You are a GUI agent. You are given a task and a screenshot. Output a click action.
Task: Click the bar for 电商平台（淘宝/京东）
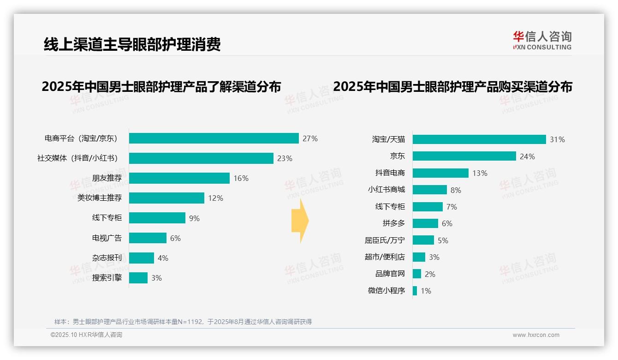(214, 138)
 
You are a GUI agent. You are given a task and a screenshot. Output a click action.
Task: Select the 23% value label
(285, 158)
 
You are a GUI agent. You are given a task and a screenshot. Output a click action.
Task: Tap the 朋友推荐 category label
(107, 178)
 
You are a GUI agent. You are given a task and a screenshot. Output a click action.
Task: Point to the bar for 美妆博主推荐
(166, 198)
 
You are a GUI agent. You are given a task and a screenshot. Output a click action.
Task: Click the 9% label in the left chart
(194, 218)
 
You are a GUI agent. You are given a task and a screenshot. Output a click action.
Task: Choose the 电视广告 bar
(148, 238)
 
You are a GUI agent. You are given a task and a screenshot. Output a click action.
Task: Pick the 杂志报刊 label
(107, 258)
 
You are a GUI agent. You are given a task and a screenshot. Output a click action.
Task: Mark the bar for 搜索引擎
(138, 278)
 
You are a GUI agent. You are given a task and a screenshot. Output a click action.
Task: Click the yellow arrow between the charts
(300, 221)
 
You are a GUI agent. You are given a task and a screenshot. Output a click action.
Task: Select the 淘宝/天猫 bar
(479, 139)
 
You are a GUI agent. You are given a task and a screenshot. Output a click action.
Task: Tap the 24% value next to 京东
(527, 156)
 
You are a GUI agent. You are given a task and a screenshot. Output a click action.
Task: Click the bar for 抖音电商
(440, 173)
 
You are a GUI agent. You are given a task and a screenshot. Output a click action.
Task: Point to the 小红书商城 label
(386, 190)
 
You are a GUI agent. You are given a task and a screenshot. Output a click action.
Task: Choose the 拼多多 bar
(425, 223)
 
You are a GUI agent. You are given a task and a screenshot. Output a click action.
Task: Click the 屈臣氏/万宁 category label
(385, 240)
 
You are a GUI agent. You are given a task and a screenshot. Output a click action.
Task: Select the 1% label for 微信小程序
(426, 291)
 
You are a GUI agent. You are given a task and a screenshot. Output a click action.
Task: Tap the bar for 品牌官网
(417, 274)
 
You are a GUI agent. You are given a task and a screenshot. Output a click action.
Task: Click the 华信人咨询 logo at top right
(542, 40)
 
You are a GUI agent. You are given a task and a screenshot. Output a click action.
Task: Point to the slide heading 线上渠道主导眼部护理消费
(132, 44)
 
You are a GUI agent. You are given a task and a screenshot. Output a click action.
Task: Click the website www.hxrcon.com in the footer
(536, 335)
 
